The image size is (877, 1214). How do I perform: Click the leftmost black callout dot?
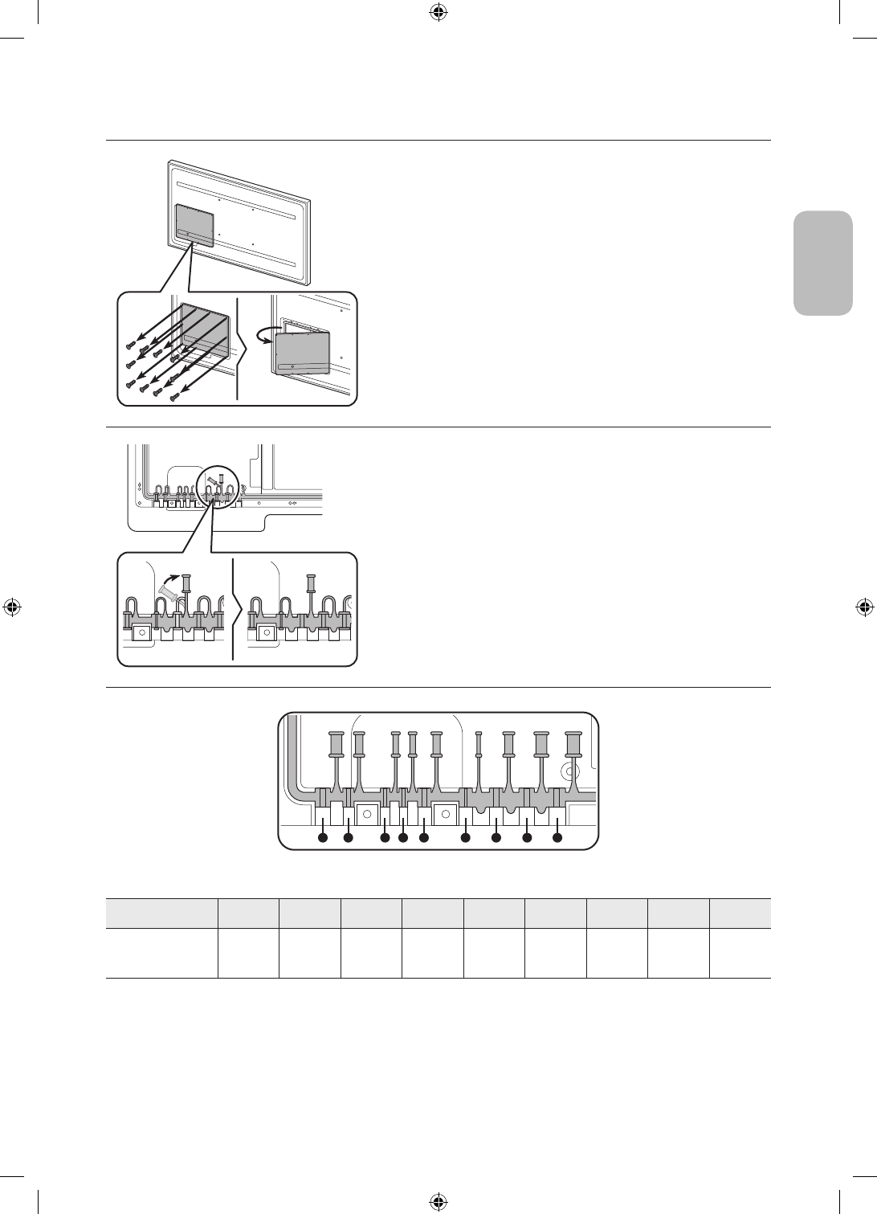coord(322,838)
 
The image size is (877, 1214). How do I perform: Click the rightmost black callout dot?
coord(557,838)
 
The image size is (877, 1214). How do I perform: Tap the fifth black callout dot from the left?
coord(423,838)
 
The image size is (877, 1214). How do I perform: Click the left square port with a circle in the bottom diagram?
coord(367,814)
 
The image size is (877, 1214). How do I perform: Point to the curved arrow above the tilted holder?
coord(169,576)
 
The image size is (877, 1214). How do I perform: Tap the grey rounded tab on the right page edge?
coord(823,263)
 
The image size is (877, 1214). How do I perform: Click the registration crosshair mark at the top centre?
coord(438,12)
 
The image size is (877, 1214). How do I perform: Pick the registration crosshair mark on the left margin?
coord(11,607)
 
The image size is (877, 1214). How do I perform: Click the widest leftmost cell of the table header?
coord(162,914)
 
